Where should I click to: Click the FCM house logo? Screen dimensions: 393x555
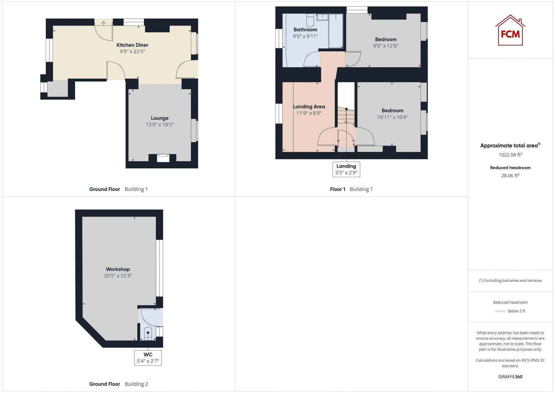tap(510, 30)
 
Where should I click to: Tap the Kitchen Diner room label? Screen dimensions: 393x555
tap(132, 45)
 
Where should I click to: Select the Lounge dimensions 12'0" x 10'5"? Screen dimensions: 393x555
tap(160, 125)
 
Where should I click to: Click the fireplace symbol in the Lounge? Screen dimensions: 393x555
tap(163, 158)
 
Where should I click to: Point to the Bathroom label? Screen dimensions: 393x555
tap(305, 30)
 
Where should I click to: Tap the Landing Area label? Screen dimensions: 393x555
tap(309, 107)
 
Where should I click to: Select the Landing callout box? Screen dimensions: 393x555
tap(346, 169)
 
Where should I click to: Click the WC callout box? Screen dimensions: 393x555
tap(148, 358)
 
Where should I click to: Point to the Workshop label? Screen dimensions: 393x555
tap(118, 269)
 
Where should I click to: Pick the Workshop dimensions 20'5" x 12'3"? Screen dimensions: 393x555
tap(118, 276)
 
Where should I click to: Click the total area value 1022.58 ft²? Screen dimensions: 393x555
tap(510, 155)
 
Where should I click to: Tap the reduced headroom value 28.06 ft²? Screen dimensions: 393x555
tap(510, 176)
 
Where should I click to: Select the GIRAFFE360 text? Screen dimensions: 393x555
tap(510, 377)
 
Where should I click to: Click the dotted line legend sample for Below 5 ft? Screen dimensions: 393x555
tap(500, 311)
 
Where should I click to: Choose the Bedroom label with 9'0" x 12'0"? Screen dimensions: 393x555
tap(386, 39)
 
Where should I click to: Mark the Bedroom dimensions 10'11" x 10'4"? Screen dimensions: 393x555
tap(392, 117)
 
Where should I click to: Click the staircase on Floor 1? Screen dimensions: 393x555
tap(346, 117)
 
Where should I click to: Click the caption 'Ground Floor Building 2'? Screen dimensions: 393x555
tap(118, 384)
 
